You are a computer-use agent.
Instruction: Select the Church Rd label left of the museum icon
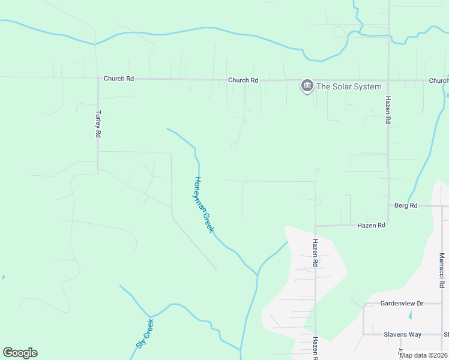(x=243, y=80)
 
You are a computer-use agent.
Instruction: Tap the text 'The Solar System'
(x=349, y=86)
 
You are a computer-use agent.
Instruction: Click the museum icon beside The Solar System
(x=307, y=86)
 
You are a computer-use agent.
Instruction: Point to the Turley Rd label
(x=98, y=124)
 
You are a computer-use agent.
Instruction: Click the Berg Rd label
(x=406, y=206)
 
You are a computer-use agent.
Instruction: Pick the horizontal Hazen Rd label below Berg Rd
(x=371, y=226)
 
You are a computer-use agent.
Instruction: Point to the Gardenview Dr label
(x=402, y=304)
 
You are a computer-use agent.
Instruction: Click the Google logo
(x=20, y=353)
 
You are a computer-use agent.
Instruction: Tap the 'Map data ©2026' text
(x=423, y=355)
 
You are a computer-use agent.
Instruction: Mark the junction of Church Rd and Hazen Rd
(x=388, y=80)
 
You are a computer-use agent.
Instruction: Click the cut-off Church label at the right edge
(x=439, y=80)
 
